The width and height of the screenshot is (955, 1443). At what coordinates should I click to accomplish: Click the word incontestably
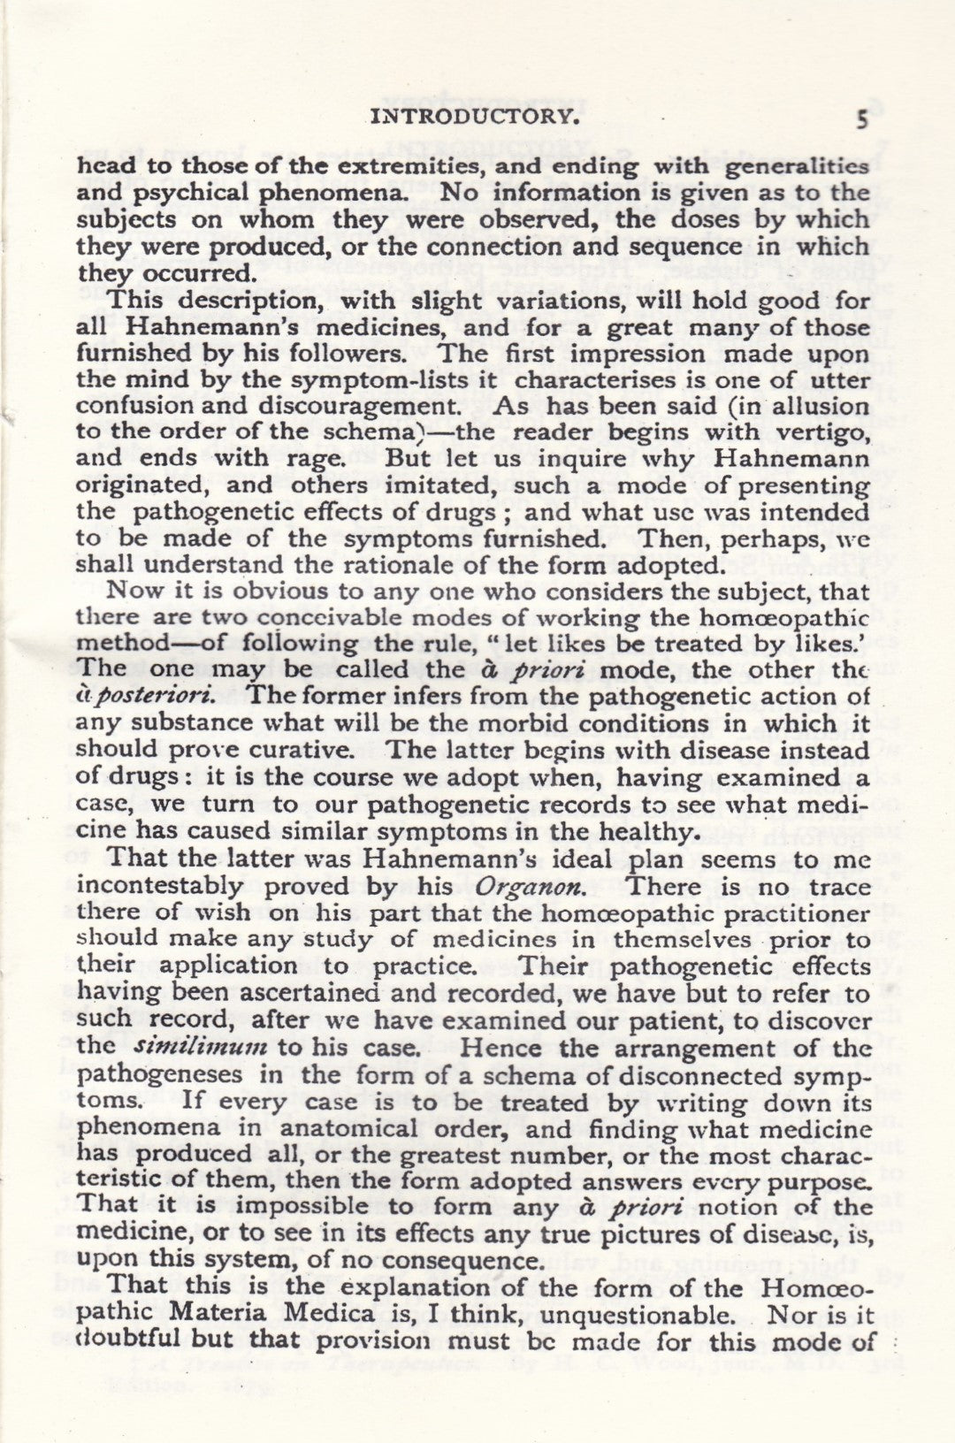pos(159,886)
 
